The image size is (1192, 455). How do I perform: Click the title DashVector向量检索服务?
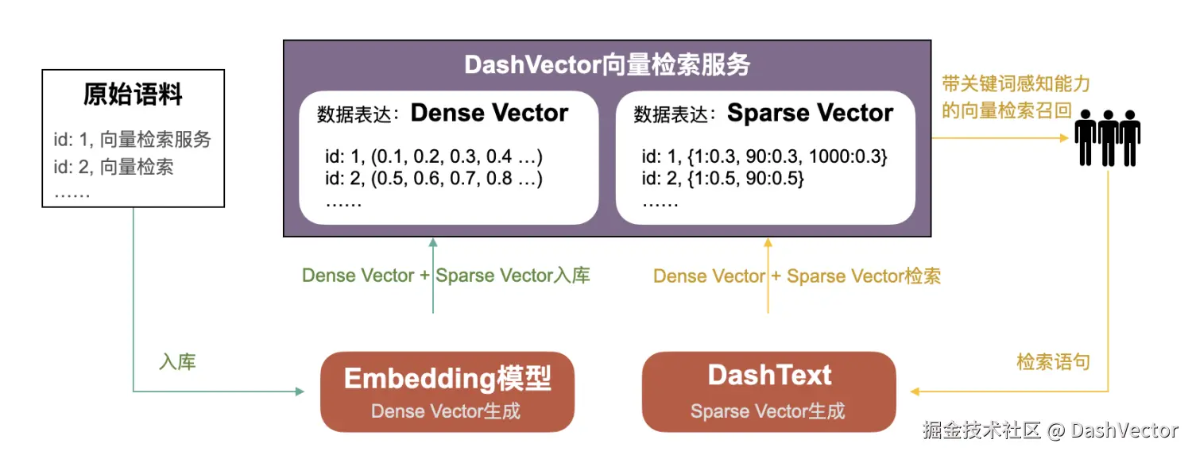pos(607,65)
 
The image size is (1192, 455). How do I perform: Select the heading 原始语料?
pos(133,94)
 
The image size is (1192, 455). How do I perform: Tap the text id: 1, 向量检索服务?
pos(133,139)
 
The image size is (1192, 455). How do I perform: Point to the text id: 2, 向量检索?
pos(114,167)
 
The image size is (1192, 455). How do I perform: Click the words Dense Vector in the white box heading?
pos(490,113)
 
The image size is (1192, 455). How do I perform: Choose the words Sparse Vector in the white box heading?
pos(811,113)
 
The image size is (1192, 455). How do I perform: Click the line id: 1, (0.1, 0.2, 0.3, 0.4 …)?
pos(434,156)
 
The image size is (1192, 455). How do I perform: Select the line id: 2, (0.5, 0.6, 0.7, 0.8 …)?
pos(434,178)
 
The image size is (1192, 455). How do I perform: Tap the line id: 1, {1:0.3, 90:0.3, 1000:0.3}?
pos(764,156)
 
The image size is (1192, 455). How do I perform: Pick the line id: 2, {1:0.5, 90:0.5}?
pos(722,178)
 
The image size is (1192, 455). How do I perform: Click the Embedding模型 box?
pos(447,391)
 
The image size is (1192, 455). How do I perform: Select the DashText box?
pos(769,391)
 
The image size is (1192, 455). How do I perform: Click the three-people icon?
pos(1108,138)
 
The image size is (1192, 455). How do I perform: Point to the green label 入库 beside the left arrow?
pos(178,362)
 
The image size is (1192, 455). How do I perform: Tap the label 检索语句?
pos(1053,362)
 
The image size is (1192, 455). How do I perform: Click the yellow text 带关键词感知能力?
pos(1016,84)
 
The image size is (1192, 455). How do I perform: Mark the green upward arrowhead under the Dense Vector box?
pos(433,242)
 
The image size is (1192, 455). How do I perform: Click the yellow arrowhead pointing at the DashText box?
pos(915,391)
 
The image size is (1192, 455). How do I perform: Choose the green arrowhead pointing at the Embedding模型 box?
pos(300,391)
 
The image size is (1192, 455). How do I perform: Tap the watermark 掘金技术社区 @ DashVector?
pos(1051,430)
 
